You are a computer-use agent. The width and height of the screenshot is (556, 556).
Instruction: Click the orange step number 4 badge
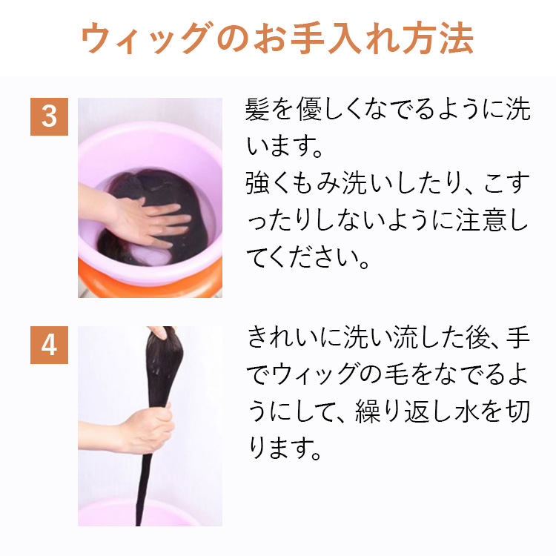point(49,345)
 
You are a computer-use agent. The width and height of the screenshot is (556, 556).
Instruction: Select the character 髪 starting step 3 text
point(258,111)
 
